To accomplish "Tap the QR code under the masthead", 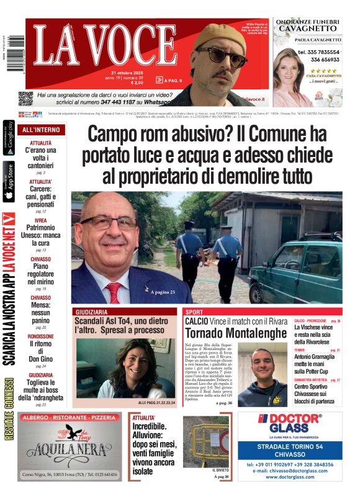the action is tap(25, 98).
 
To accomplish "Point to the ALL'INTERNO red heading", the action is tap(41, 130).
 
